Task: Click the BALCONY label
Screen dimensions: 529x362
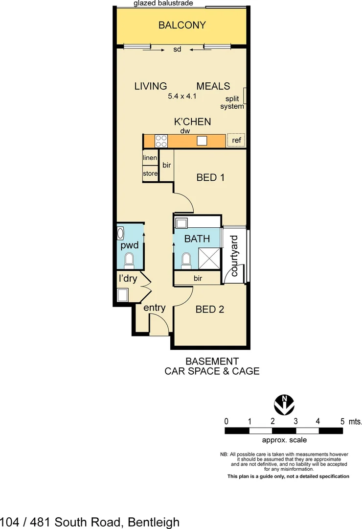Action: coord(182,25)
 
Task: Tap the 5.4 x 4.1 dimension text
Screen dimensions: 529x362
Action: coord(182,96)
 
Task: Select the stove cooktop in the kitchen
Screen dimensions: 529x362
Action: coord(161,141)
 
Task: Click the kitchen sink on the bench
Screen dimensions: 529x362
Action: coord(202,141)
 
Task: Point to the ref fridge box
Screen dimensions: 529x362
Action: coord(236,141)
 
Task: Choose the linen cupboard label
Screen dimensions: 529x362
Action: coord(150,158)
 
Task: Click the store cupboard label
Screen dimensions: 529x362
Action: coord(150,173)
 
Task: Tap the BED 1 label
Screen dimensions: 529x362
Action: coord(210,177)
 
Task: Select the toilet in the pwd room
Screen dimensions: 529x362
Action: coord(130,260)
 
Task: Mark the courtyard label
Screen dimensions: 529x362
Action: coord(234,256)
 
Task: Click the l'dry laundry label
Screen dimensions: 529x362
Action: coord(128,279)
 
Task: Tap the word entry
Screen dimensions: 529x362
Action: coord(154,308)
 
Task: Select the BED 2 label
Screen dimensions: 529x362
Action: coord(210,310)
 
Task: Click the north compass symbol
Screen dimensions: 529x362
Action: coord(283,404)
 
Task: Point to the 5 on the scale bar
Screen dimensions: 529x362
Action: coord(342,421)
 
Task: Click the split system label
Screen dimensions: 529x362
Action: coord(232,103)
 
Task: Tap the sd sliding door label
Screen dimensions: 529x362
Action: coord(177,49)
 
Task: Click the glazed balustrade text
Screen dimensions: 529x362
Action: coord(163,3)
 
